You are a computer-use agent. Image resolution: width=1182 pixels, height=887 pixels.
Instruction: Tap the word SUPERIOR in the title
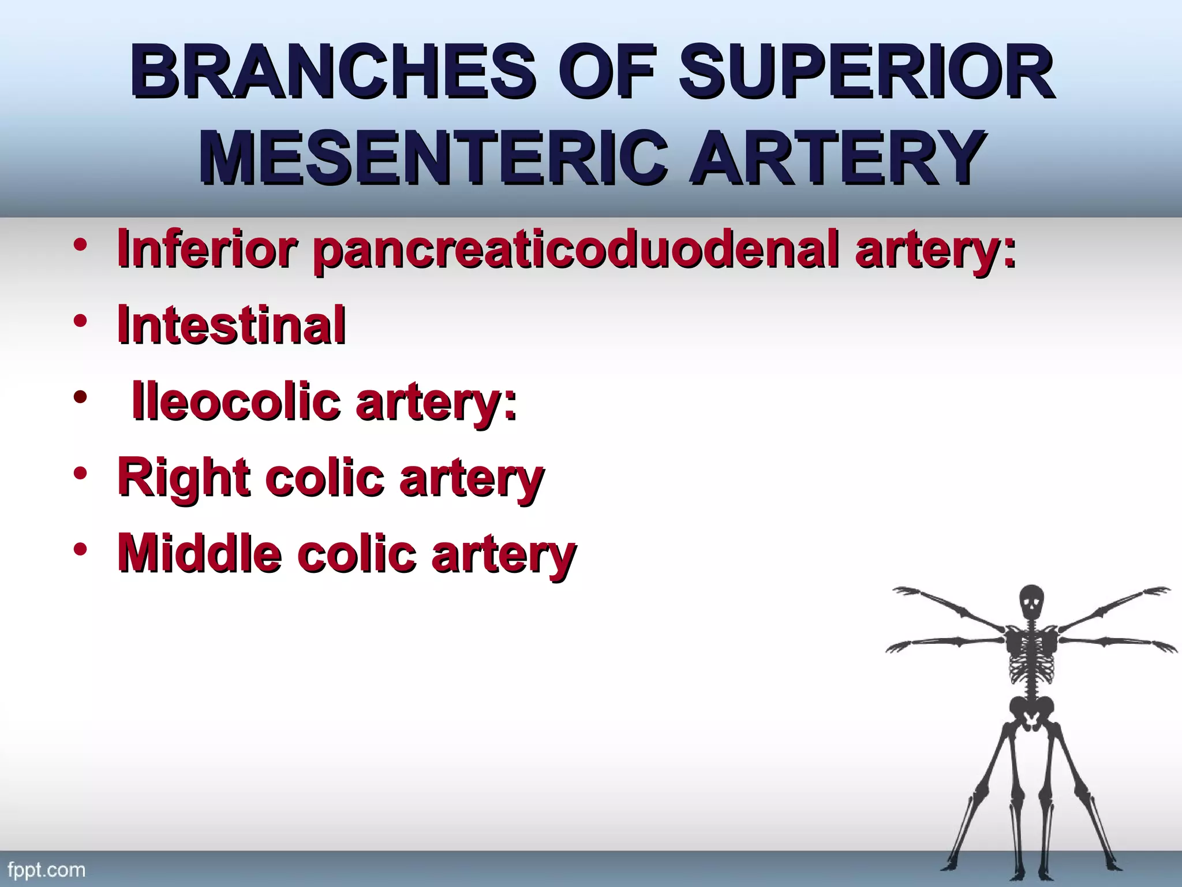point(866,73)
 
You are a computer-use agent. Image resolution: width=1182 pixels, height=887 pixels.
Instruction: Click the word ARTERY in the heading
point(837,157)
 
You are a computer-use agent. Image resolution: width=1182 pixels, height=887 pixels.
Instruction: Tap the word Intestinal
point(231,325)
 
